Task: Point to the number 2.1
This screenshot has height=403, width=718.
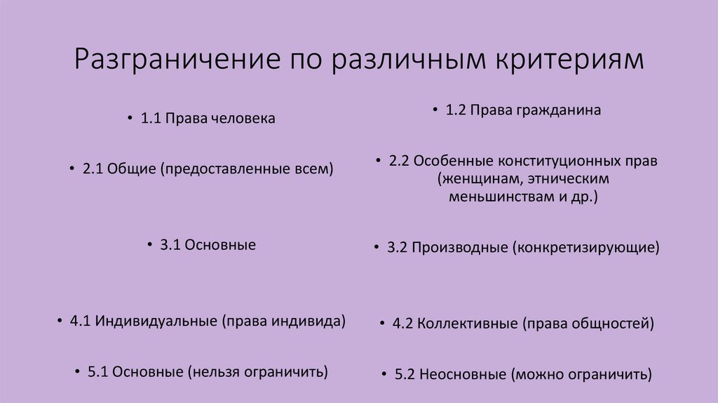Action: point(93,169)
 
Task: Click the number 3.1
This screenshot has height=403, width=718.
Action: point(171,245)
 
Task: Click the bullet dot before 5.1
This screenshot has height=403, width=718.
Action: point(76,372)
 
